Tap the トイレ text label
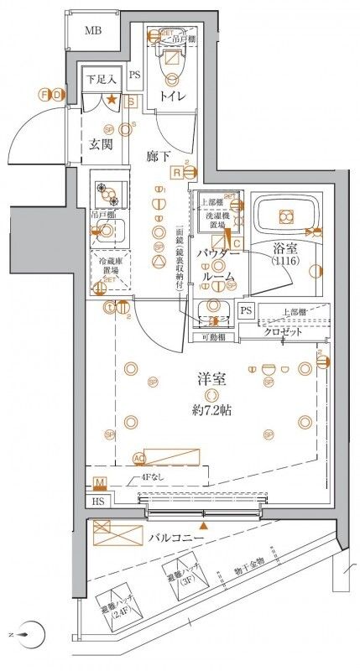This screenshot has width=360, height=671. [x=175, y=98]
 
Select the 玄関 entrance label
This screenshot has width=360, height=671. [x=102, y=143]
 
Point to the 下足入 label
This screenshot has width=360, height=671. [x=100, y=79]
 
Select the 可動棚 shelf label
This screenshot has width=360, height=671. [x=215, y=338]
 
